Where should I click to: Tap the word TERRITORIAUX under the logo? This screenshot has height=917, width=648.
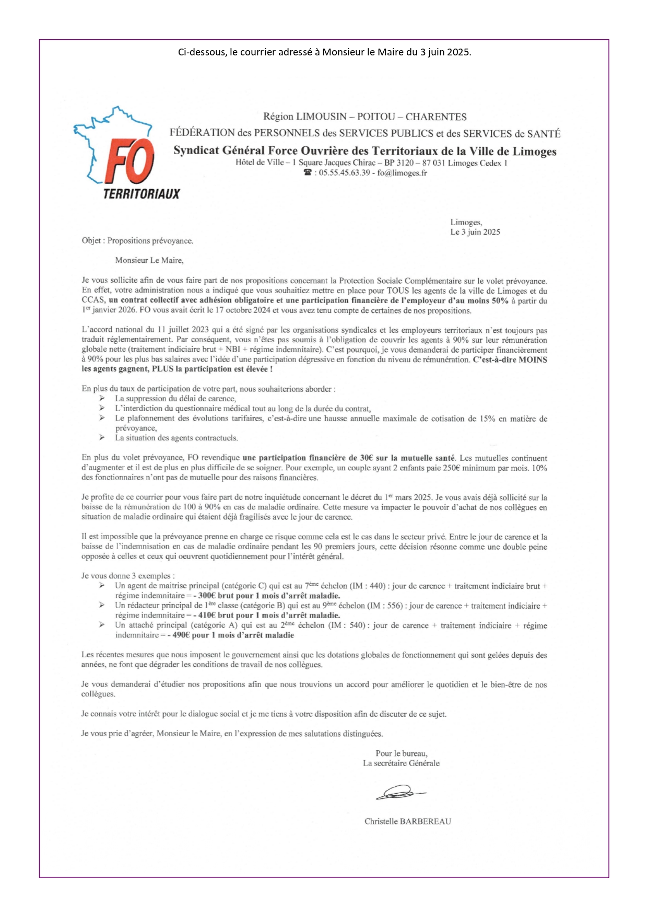(142, 194)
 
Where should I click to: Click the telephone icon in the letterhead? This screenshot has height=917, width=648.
(308, 173)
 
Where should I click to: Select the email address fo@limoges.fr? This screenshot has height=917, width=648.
(402, 173)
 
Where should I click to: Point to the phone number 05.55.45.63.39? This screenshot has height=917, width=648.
(344, 173)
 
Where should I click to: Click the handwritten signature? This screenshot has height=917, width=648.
(400, 792)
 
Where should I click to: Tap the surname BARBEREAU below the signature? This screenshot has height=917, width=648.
(425, 821)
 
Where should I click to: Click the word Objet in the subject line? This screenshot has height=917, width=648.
(91, 241)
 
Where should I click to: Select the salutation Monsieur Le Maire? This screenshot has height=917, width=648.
(149, 260)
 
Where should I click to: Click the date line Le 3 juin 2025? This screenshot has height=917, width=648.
(475, 232)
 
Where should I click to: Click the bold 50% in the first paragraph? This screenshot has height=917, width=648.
(500, 300)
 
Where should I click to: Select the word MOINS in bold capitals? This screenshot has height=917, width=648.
(533, 359)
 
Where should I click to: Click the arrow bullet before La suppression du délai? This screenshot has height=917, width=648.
(102, 399)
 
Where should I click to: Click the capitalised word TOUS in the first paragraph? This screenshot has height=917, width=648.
(398, 291)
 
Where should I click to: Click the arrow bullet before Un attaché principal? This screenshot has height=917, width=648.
(102, 625)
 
